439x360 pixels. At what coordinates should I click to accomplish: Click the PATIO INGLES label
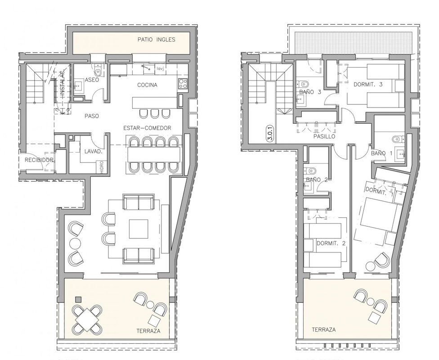[156, 40]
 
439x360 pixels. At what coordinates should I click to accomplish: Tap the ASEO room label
[92, 80]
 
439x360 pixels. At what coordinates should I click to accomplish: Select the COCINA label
[147, 85]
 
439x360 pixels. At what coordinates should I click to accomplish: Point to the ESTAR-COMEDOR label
[147, 128]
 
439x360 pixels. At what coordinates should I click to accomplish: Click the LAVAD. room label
[93, 152]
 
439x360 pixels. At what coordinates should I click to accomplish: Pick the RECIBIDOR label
[39, 160]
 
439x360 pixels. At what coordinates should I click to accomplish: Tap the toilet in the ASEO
[98, 70]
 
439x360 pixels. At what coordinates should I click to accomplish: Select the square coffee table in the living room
[139, 229]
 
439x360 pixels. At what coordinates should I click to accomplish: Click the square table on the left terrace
[87, 319]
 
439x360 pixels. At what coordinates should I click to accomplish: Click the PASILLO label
[324, 136]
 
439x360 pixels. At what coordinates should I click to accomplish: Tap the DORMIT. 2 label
[331, 243]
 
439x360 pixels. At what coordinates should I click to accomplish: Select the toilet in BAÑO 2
[309, 170]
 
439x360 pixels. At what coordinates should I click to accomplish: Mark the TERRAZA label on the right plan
[324, 330]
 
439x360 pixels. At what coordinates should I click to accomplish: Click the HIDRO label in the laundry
[101, 167]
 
